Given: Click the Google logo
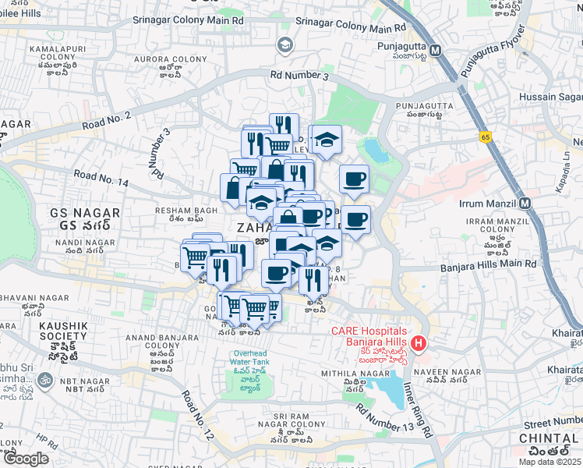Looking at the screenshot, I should point(26,459).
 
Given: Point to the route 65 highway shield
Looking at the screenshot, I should point(485,136).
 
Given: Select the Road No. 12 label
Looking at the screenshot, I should point(198,414).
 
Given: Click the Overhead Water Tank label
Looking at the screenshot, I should point(250,359).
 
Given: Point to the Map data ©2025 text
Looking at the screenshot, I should point(551,461).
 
